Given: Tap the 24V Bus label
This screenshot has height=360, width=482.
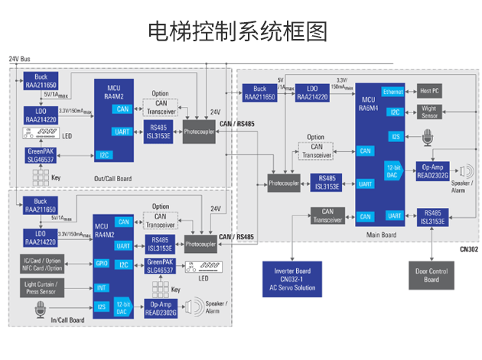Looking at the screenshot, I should tap(20, 59).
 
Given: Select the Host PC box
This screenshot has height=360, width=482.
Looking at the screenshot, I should tap(433, 92).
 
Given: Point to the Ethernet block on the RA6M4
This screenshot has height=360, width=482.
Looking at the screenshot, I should tap(393, 92).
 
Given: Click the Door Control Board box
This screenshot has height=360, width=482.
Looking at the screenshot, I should tap(432, 274).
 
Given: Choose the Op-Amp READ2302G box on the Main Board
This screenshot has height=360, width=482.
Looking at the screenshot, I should tap(433, 170).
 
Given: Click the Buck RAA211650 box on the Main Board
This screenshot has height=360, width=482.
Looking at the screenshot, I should tap(259, 92).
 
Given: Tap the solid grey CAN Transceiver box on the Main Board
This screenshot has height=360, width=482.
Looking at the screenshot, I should tap(327, 216).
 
